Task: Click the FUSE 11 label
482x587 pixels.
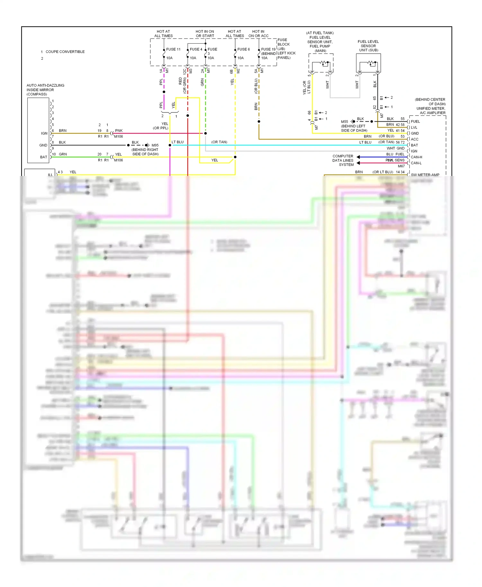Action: pos(173,49)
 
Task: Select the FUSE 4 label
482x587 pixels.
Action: pos(196,49)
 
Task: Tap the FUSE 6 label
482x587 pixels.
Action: pos(243,49)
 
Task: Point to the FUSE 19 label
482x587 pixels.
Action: pos(268,49)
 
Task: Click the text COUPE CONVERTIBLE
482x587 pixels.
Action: pos(65,52)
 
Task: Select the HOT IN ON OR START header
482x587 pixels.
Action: pos(205,34)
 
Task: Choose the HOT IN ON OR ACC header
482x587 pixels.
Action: pos(258,34)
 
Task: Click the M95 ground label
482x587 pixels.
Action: pos(155,145)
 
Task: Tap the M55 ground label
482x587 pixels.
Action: pos(344,122)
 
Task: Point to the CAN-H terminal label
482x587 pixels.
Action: pos(416,157)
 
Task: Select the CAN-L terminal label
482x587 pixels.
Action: pos(416,163)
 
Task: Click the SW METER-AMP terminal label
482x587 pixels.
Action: pos(425,175)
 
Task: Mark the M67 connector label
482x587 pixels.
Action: pos(401,166)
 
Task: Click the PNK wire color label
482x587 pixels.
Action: pos(119,131)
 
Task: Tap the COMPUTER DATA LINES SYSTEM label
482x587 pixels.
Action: pos(343,160)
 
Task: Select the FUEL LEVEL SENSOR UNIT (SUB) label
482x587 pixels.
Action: pos(368,46)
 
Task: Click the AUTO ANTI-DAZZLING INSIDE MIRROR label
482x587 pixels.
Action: pos(45,90)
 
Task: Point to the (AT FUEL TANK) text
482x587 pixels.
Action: pos(320,33)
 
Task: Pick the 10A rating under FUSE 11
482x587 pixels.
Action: pos(169,58)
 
